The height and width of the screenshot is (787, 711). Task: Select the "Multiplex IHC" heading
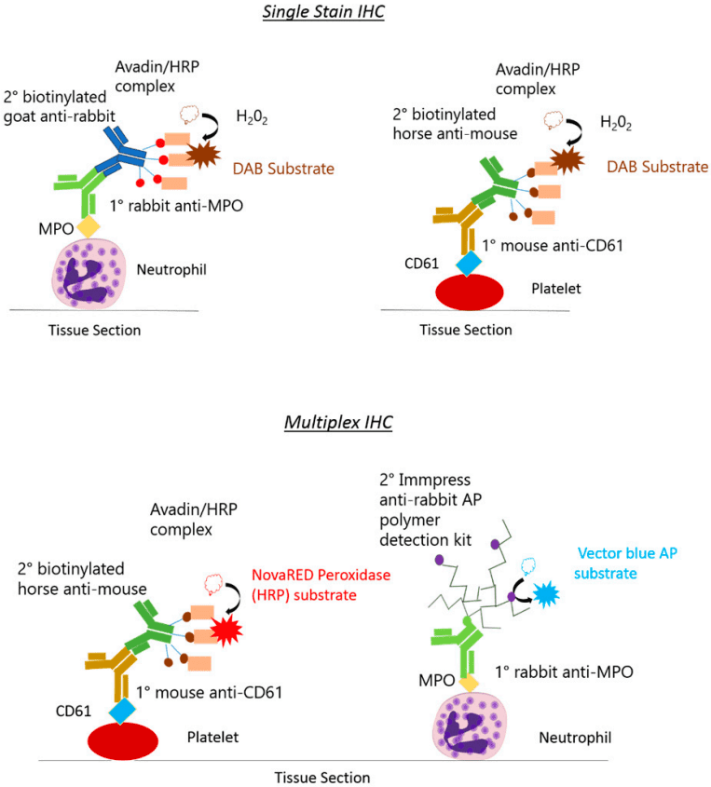pos(336,422)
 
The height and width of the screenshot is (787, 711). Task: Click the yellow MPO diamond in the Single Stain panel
pos(89,225)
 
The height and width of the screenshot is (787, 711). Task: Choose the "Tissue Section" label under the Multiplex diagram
pos(321,777)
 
